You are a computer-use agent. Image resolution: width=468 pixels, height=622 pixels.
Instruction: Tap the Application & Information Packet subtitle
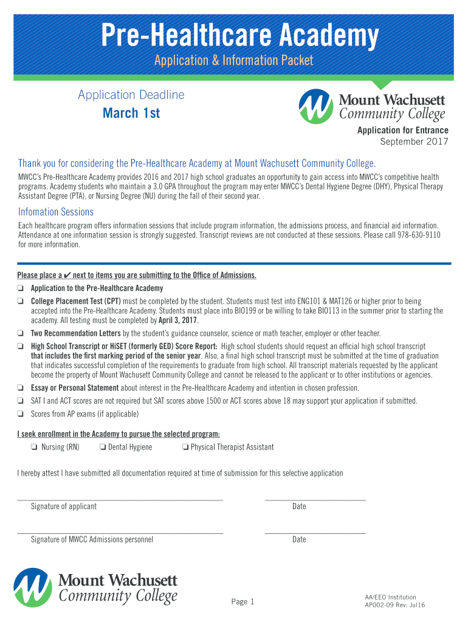coord(234,60)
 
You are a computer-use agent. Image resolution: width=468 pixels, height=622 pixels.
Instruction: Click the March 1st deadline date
coord(131,113)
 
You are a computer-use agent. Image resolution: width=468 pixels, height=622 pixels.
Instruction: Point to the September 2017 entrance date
coord(414,142)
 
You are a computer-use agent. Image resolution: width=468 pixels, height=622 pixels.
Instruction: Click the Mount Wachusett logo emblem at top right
coord(316,106)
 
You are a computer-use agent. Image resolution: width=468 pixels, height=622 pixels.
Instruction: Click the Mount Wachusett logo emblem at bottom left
coord(33,587)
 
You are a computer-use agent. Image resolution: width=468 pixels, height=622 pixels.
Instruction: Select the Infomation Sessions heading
coord(56,212)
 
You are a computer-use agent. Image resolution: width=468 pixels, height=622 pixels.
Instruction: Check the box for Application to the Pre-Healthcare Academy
coord(21,289)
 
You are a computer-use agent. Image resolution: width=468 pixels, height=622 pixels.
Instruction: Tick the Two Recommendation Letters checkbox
coord(21,333)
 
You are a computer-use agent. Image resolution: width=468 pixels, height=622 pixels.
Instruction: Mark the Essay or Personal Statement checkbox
coord(21,388)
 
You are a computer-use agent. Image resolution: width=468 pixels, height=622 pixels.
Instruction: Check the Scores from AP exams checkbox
coord(21,414)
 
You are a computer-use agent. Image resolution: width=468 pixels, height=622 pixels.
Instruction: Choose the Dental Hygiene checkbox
coord(103,448)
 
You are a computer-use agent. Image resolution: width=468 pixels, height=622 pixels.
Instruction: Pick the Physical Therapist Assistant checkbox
coord(185,448)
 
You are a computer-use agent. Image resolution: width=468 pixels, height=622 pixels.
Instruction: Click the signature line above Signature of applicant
coord(120,499)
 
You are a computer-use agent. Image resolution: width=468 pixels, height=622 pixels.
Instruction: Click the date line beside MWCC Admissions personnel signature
coord(315,533)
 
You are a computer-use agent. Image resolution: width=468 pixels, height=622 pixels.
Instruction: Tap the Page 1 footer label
coord(243,602)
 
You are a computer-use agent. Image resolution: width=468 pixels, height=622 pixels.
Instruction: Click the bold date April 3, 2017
coord(178,321)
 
